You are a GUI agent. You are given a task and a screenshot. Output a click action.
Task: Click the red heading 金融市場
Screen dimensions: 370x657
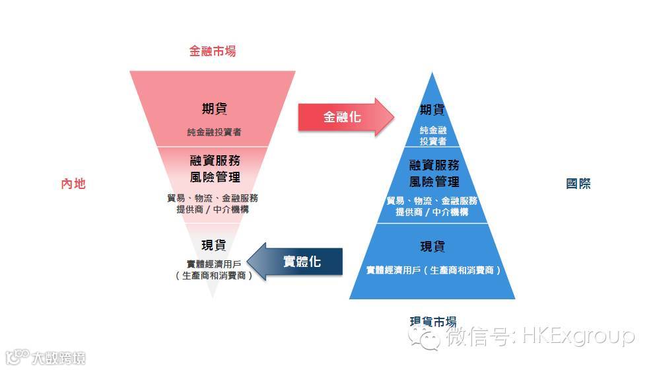tap(212, 51)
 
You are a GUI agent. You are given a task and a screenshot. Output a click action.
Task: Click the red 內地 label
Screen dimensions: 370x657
tap(73, 184)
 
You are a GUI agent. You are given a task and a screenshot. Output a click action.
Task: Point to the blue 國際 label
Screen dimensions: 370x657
tap(578, 184)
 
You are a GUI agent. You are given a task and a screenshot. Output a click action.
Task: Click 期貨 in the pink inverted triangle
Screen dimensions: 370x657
tap(213, 109)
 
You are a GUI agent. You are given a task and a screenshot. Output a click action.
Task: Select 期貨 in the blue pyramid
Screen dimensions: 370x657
tap(432, 110)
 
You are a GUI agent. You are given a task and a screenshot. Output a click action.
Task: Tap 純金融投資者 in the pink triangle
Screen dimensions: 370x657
tap(213, 132)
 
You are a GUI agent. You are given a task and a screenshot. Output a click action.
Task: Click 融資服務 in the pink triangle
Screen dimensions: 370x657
tap(213, 161)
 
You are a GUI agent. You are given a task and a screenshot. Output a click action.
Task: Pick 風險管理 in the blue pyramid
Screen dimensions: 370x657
tap(434, 181)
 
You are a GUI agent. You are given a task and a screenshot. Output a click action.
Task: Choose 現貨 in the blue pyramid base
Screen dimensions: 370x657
tap(432, 246)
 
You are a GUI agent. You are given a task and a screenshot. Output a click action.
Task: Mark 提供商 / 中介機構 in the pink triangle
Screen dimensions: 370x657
tap(213, 210)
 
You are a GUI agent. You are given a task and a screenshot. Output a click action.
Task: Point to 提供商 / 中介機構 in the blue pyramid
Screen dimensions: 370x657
tap(432, 212)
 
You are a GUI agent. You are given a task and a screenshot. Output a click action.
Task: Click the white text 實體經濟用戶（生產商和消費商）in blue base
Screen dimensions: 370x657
tap(433, 270)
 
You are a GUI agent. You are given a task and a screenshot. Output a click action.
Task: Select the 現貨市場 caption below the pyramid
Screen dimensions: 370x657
tap(432, 322)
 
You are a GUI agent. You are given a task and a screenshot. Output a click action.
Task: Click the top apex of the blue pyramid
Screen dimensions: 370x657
tap(432, 74)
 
